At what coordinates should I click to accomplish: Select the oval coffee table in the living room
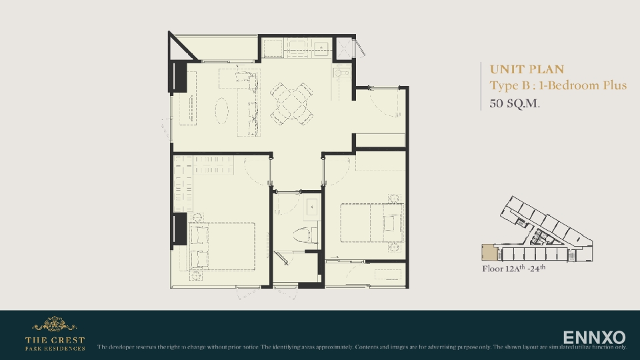click(x=221, y=109)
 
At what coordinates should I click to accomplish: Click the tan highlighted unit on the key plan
click(x=490, y=253)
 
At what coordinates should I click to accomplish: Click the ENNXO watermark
click(x=594, y=337)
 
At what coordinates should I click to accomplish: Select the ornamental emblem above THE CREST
click(x=54, y=324)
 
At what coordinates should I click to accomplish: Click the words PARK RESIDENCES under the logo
click(x=55, y=348)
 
